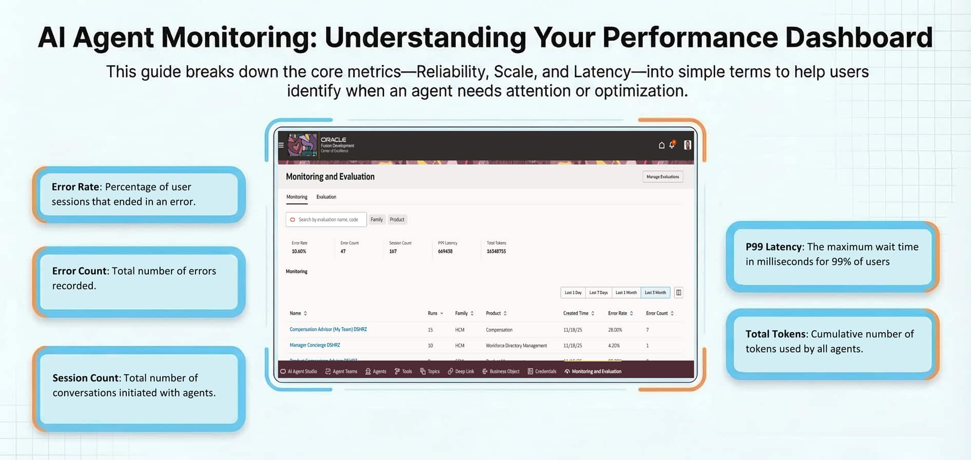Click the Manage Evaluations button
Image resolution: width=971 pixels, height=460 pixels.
(663, 177)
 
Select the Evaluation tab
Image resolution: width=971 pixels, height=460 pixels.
(326, 197)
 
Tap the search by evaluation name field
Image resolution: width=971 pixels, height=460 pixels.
(328, 220)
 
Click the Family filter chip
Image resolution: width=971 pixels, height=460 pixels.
(377, 220)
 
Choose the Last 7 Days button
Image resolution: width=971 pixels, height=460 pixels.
(598, 293)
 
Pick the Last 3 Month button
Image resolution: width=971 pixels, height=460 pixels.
(655, 293)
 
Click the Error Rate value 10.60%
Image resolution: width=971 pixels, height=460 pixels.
(299, 252)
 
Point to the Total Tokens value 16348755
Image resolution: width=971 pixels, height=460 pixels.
(496, 252)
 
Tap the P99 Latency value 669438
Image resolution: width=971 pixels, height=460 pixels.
(445, 252)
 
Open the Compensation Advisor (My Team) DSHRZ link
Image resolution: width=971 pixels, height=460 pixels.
(328, 330)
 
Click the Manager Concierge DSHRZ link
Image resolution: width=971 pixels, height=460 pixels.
(315, 346)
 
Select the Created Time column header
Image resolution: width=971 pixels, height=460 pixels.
(576, 313)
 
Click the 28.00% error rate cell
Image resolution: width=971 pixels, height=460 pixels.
(615, 330)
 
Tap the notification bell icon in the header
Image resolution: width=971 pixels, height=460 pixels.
(672, 145)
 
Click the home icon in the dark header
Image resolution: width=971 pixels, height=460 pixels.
(662, 145)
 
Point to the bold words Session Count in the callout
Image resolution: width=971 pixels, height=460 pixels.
(85, 378)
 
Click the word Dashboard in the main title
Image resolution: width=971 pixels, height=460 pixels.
(859, 37)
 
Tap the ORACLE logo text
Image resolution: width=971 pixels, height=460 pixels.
(334, 140)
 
